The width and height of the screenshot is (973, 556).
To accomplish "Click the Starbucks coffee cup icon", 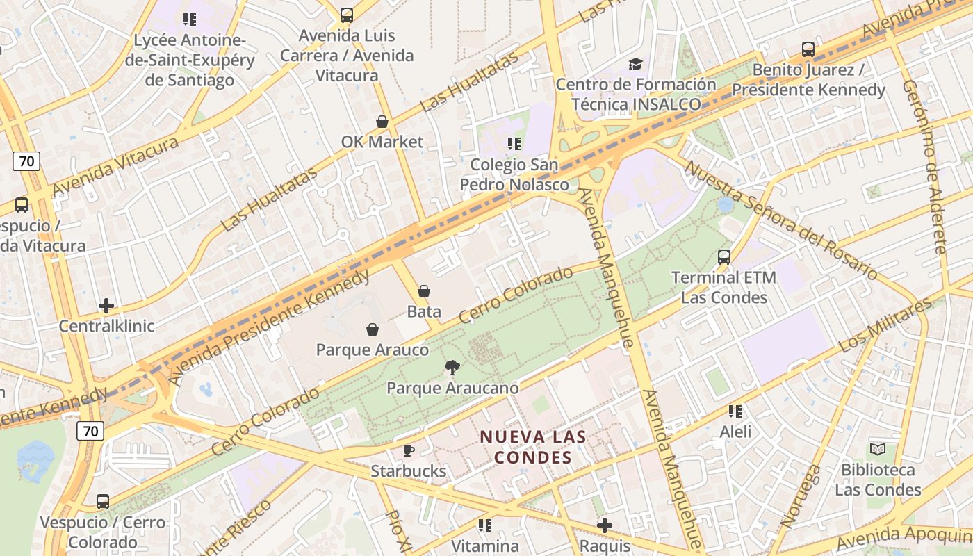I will coord(409,450).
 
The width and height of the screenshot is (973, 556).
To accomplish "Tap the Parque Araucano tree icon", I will coord(452,367).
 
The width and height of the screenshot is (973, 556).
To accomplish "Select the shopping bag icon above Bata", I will coord(424,291).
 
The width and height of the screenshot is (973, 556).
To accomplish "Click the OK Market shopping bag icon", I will coord(382,122).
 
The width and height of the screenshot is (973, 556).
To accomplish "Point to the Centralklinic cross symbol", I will coord(106,305).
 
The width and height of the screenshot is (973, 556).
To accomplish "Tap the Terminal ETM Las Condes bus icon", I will coord(724,257).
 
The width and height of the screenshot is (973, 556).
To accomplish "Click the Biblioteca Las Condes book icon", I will coord(878,450).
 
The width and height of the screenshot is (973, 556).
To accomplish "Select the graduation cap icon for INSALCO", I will coord(635,65).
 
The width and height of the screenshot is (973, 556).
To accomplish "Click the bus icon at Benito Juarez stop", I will coord(808,49).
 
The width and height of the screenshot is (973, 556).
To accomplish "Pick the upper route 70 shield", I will coord(26,161).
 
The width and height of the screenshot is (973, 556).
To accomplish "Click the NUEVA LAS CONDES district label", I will coord(533,448).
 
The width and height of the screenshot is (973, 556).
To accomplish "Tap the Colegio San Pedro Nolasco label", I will coord(514,174).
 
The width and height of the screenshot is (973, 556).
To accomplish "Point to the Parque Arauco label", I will coord(373,350).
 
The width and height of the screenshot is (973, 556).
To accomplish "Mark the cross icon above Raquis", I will coord(605,525).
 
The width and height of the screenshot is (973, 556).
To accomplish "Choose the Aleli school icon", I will coord(735,411).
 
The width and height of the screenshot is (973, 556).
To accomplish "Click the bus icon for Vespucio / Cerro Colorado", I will coord(103,501).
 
